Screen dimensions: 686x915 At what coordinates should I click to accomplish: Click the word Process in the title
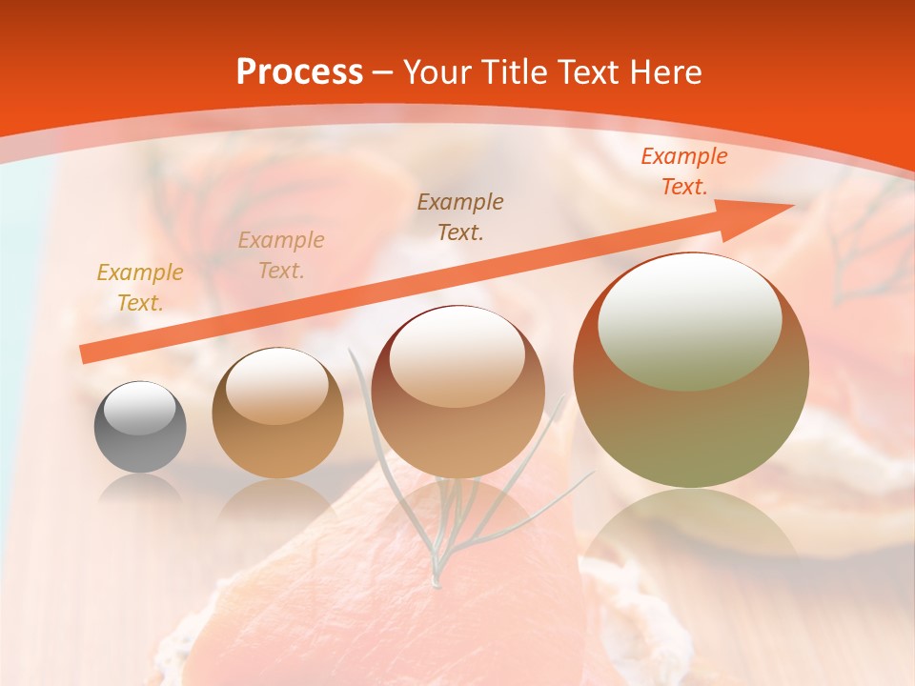click(299, 72)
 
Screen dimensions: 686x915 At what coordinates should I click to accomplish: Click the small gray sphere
click(140, 428)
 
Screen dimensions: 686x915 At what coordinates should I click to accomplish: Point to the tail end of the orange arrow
click(86, 353)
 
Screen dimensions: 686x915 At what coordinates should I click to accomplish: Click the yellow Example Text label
click(140, 287)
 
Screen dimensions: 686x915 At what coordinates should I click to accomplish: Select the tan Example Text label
click(281, 254)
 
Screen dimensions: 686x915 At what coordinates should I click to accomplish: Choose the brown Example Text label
click(460, 216)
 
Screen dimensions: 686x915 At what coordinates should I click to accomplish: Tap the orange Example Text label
click(683, 171)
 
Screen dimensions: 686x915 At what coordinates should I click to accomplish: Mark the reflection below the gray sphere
click(140, 492)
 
